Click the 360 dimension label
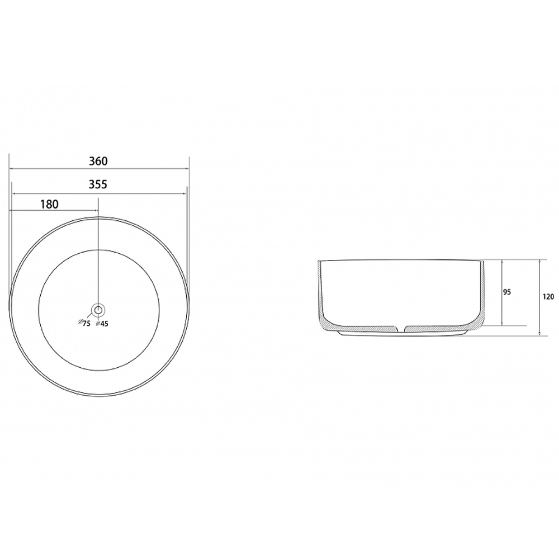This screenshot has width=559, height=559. (x=98, y=161)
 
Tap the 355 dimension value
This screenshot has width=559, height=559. (x=98, y=184)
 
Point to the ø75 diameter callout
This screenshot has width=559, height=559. (x=84, y=323)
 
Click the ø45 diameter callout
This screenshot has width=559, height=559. (x=102, y=323)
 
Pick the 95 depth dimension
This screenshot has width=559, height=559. (x=507, y=292)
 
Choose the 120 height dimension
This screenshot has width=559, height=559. (x=549, y=296)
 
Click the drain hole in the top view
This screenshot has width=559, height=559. (x=98, y=310)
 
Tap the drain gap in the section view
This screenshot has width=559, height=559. (x=401, y=328)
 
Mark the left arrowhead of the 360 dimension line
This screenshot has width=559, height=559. (x=11, y=168)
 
